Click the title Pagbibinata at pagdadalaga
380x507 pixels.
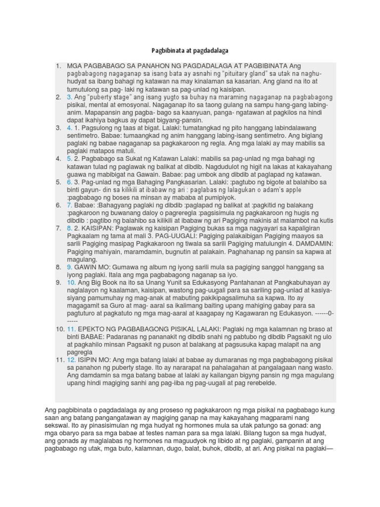click(x=190, y=51)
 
